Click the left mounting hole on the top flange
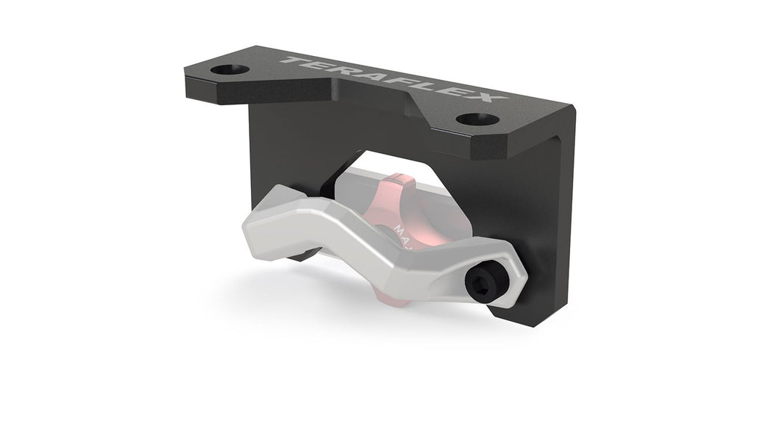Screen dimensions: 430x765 point(229,70)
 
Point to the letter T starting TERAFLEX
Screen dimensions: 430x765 point(292,59)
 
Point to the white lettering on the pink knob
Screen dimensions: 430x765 point(400,228)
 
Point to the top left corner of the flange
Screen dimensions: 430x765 point(187,69)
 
